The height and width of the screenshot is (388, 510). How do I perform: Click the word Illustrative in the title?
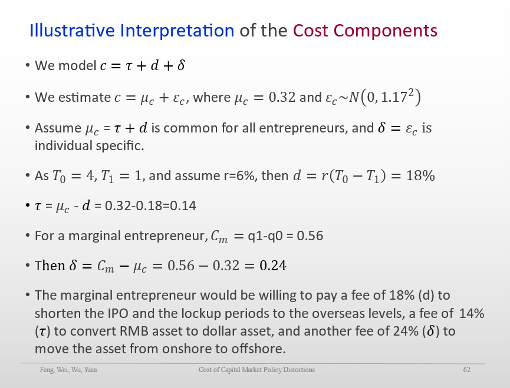coord(72,31)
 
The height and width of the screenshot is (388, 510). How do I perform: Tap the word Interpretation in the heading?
coord(177,31)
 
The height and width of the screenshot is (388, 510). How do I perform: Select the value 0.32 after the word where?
coord(282,97)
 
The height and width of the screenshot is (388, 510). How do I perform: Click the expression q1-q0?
coord(265,236)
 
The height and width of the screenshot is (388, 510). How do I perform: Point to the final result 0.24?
coord(273,266)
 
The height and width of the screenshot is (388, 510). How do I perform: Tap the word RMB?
coord(134,331)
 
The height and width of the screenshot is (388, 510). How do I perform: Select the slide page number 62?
coord(467,370)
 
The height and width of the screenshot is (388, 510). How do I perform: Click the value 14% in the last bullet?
coord(472,314)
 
